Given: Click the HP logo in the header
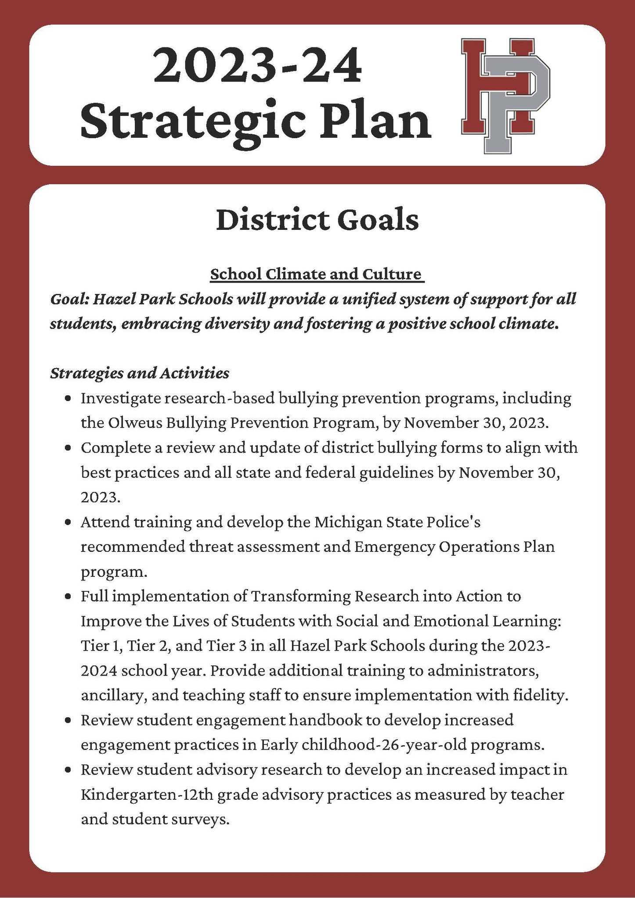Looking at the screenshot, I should coord(505,96).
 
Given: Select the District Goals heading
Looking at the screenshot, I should coord(317,220).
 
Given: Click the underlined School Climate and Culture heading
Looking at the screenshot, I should coord(316,274).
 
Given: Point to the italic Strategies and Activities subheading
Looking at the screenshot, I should coord(140,373).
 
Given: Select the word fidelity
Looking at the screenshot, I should coord(540,696).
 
